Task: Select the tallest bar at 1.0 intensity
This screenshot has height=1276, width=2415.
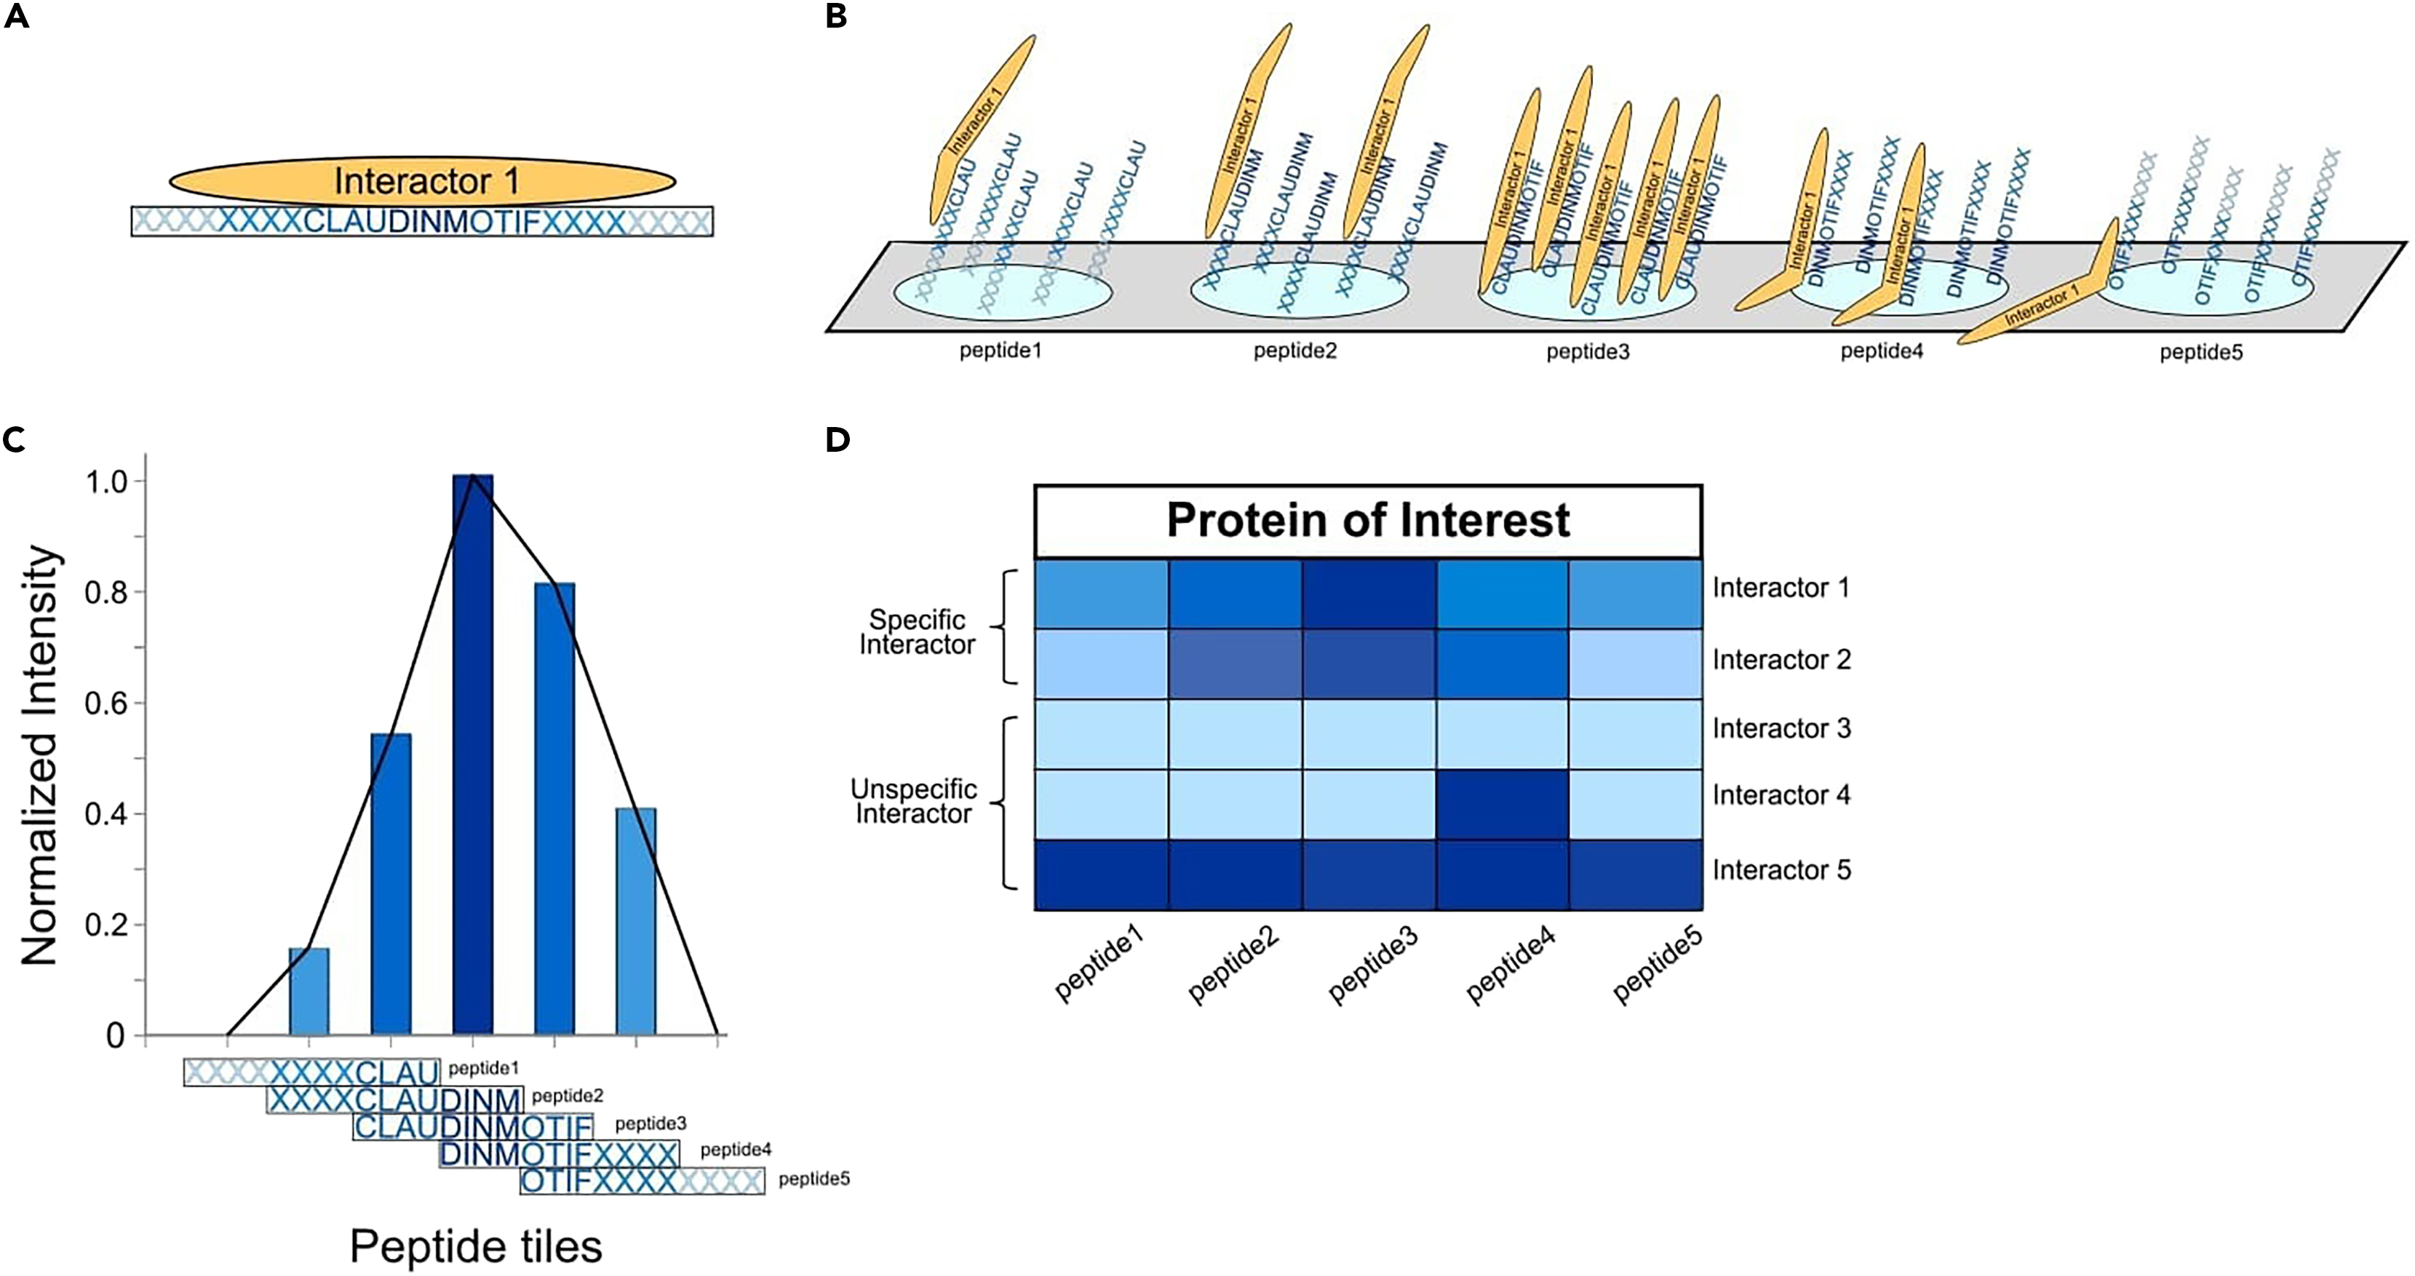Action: [472, 750]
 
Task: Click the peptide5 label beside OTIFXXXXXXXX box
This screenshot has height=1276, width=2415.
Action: [813, 1179]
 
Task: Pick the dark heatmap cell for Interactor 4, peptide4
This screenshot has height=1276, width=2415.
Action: [1502, 805]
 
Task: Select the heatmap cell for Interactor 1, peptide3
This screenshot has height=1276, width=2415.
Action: [1368, 594]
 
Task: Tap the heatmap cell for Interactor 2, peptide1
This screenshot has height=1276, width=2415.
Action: [1101, 663]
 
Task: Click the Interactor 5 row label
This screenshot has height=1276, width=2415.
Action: [1781, 870]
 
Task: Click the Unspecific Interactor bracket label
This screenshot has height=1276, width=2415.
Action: [914, 802]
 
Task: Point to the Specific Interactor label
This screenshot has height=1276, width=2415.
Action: [917, 632]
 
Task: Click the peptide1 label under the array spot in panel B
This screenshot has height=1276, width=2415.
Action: [1000, 351]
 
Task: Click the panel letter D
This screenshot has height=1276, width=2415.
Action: [838, 439]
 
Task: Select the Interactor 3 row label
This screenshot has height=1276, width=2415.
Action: [1781, 728]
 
